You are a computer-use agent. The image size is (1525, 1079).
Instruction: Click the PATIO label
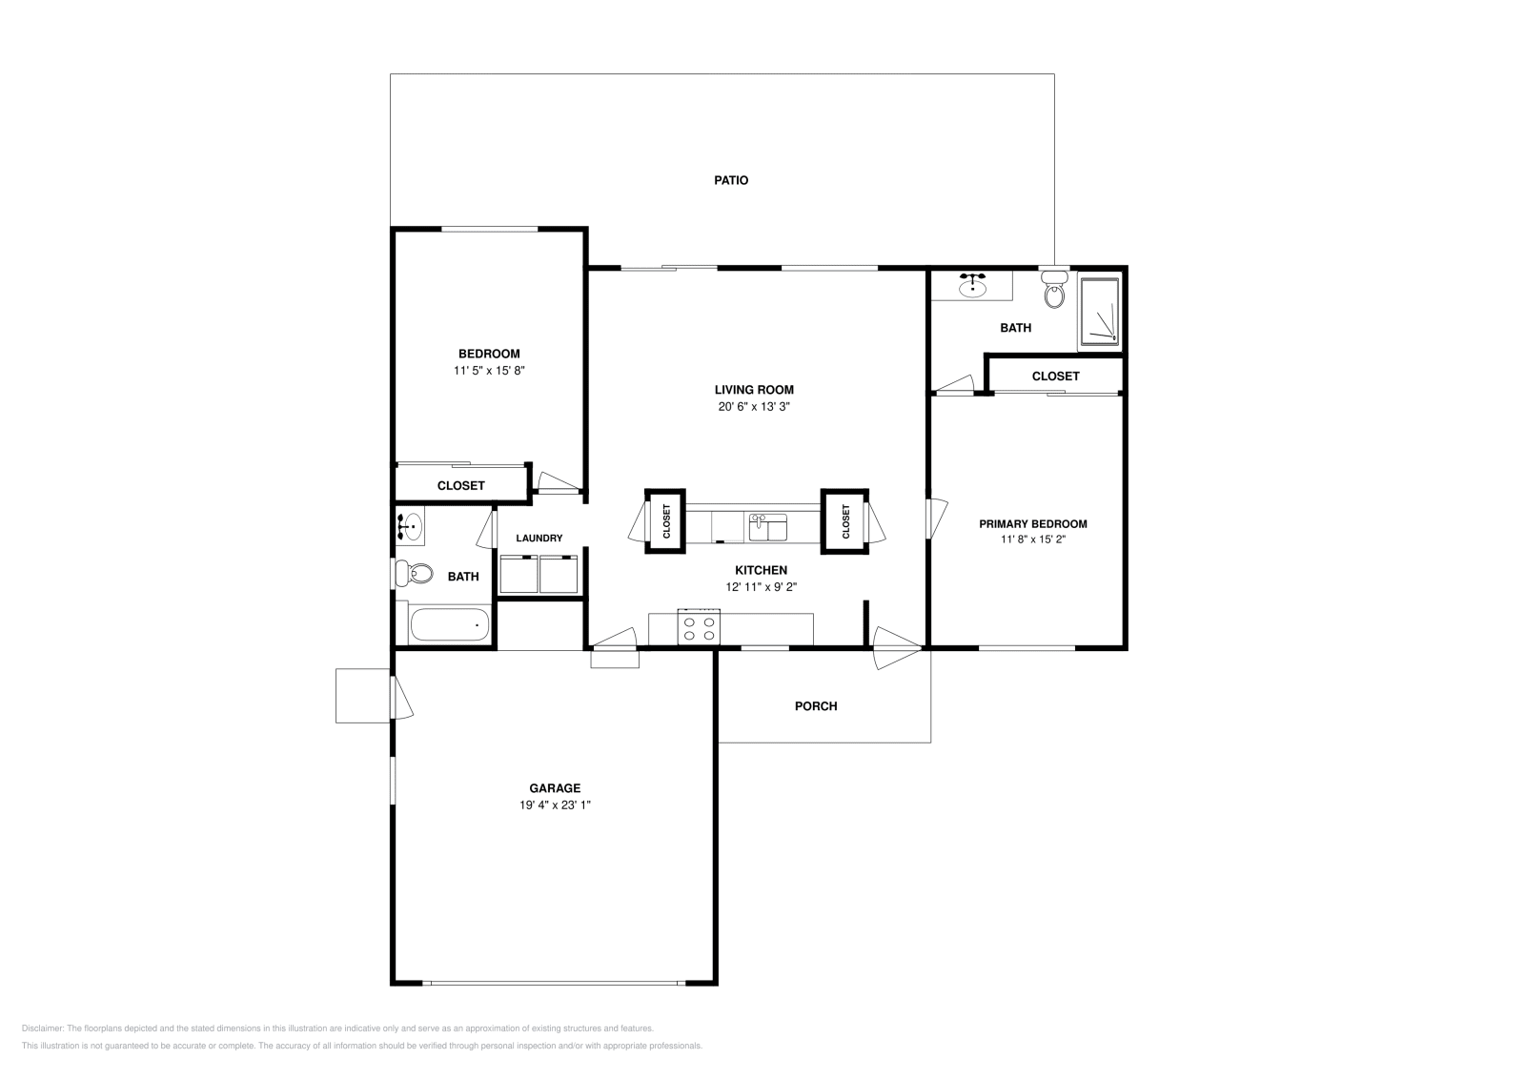pos(731,180)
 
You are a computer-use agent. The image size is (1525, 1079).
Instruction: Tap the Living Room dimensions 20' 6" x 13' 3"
pos(754,406)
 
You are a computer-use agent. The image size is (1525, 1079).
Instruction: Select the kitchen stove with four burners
pos(698,628)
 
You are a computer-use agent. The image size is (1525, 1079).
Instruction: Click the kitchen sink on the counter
pos(767,527)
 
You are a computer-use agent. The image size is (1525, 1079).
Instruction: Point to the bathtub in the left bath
pos(449,626)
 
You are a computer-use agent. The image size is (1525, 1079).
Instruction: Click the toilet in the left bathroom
pos(410,574)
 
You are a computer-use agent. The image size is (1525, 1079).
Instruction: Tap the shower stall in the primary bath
pos(1099,313)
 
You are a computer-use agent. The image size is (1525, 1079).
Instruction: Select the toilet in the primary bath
pos(1053,291)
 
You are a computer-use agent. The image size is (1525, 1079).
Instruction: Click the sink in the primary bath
pos(972,285)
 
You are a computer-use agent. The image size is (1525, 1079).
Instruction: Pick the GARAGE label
pos(555,788)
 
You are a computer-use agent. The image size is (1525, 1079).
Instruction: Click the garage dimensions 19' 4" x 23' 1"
pos(555,805)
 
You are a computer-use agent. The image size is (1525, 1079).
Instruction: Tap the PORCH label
pos(816,706)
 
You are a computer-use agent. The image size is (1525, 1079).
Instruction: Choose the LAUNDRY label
pos(539,539)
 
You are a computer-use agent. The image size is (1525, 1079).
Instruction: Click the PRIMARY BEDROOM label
pos(1033,523)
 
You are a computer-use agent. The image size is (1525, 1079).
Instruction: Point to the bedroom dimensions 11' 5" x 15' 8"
pos(489,371)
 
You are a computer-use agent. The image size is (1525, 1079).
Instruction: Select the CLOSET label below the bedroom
pos(461,485)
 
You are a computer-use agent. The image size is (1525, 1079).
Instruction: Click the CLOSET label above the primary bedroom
pos(1055,377)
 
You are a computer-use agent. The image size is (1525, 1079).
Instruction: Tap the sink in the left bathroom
pos(410,524)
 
